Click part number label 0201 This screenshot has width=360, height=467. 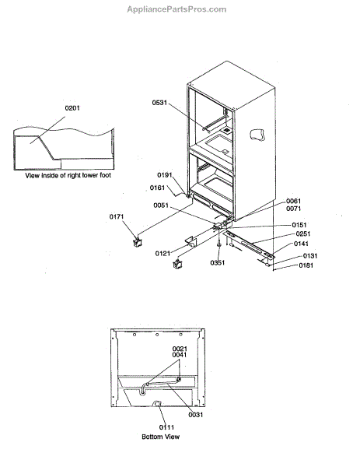[72, 107]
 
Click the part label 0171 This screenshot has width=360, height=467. [117, 216]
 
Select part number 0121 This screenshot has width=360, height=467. [163, 253]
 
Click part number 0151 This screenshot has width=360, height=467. [299, 224]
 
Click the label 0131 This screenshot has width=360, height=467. [310, 255]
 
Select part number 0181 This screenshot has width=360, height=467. [309, 265]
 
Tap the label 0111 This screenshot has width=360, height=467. [166, 427]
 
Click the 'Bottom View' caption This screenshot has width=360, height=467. [167, 437]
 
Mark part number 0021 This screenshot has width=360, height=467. [180, 348]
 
